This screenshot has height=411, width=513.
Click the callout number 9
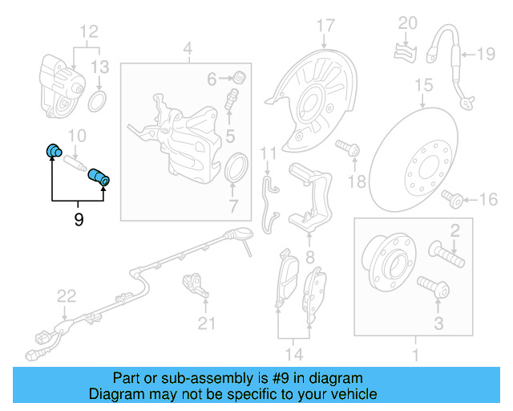79,218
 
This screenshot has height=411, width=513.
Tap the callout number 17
325,26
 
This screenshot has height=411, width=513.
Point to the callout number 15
422,83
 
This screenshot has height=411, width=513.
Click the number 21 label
208,324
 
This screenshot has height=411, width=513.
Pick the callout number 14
293,354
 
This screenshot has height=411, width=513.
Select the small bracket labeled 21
193,283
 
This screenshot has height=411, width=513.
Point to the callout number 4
188,54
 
